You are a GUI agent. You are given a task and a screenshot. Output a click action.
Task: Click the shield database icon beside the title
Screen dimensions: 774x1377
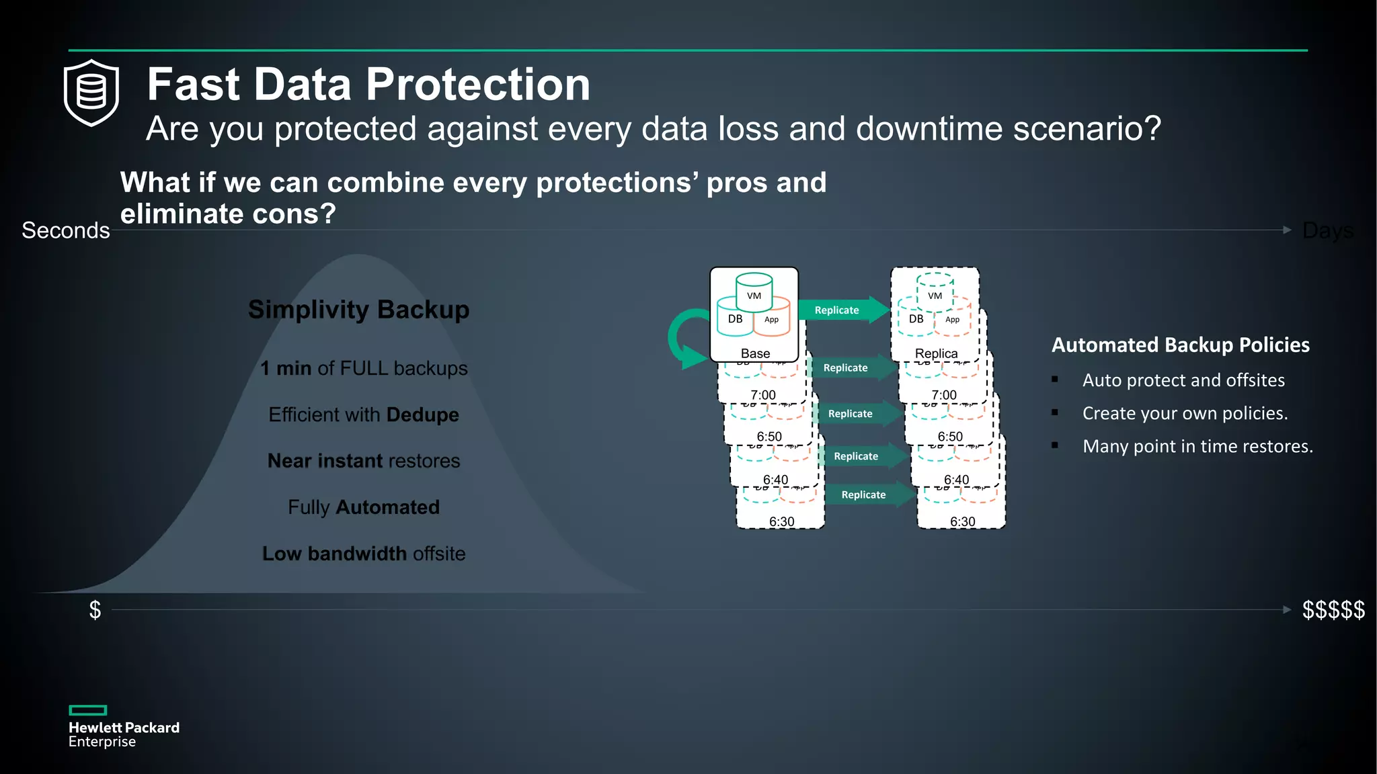(91, 93)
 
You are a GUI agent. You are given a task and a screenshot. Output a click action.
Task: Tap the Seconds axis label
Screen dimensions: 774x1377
(65, 230)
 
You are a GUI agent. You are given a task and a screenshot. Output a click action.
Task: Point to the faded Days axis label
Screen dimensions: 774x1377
(1327, 230)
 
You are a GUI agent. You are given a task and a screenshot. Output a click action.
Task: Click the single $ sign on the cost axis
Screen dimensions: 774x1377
(95, 610)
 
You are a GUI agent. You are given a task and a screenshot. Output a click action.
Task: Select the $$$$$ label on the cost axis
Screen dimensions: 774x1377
(1333, 610)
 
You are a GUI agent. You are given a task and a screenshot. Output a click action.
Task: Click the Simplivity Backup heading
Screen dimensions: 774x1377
(358, 310)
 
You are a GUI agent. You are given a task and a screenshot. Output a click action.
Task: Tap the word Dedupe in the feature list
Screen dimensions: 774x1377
(422, 415)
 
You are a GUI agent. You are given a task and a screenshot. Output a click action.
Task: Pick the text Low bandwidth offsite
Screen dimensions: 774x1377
(363, 554)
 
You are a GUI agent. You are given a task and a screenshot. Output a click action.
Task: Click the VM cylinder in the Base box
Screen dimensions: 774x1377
(754, 291)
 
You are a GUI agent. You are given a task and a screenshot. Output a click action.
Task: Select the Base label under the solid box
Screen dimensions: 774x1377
(755, 353)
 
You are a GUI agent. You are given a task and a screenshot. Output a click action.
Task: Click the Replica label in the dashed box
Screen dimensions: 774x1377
(936, 353)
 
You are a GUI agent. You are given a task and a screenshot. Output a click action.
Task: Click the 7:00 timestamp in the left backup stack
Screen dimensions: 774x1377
(763, 395)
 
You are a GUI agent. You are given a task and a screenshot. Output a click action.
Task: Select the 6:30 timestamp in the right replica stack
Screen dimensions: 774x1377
(962, 521)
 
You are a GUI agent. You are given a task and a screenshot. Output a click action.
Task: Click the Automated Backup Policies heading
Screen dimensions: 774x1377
(1180, 345)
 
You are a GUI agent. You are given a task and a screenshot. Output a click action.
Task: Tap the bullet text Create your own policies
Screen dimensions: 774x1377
(1185, 413)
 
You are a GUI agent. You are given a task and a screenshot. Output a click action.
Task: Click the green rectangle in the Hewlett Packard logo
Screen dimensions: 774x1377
(88, 710)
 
